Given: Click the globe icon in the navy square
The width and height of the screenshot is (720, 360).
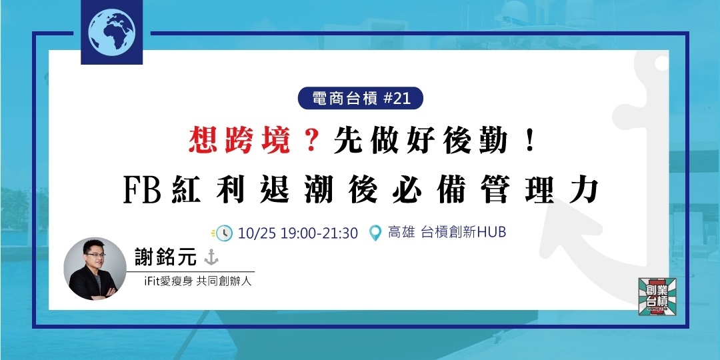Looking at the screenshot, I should (111, 31).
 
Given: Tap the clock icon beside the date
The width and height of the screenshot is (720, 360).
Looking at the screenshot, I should (224, 233).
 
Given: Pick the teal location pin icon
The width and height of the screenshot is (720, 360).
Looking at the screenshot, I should (375, 233).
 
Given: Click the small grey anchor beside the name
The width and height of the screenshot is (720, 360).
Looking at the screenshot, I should (212, 257).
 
